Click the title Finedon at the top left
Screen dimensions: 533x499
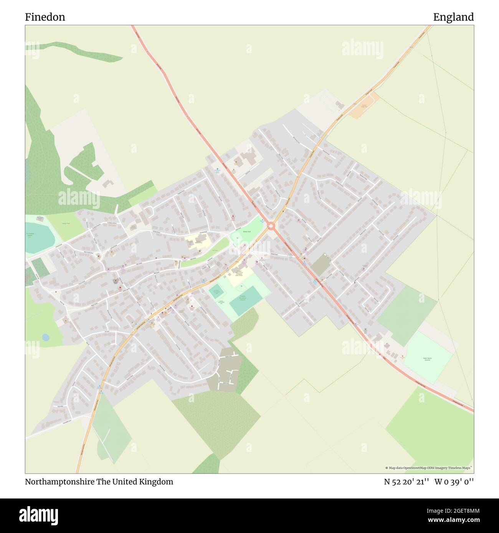45,17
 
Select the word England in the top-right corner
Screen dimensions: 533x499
453,17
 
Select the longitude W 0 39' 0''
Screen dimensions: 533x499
454,482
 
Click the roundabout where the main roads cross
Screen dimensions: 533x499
271,226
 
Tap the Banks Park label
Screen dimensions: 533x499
246,232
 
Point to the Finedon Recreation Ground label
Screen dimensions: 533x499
243,298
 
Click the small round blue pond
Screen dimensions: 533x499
46,337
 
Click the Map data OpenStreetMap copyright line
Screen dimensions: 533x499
428,468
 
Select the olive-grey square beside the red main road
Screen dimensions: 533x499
321,265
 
